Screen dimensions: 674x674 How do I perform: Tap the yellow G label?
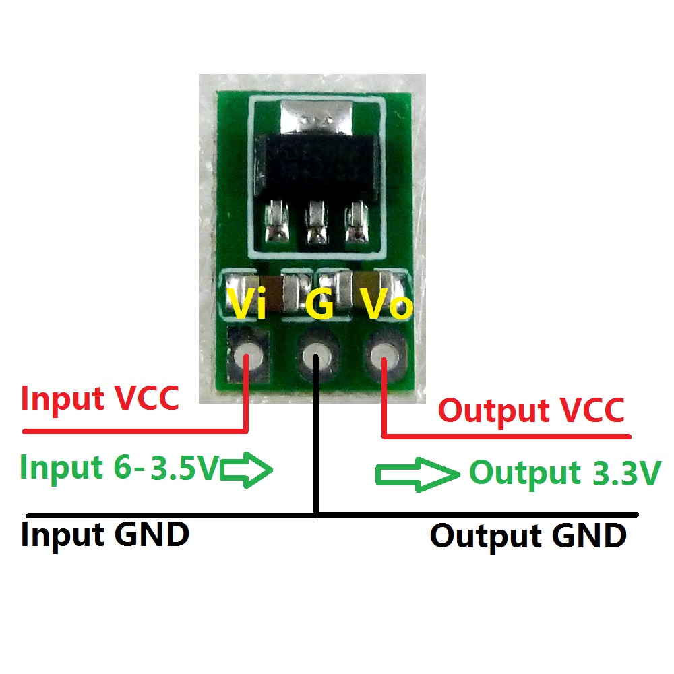point(319,305)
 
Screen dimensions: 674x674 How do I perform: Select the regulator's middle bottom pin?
point(314,222)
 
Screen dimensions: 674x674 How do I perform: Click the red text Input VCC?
point(100,399)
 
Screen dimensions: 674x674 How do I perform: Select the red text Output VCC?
point(531,410)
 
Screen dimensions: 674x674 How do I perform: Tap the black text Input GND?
point(104,535)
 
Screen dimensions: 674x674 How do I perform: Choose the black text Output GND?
point(528,537)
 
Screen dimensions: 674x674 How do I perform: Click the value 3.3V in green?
point(625,473)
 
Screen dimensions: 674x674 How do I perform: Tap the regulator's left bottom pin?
point(276,222)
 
